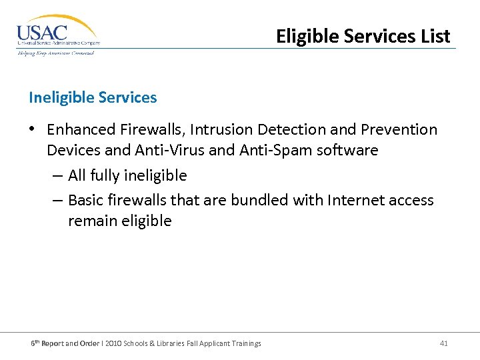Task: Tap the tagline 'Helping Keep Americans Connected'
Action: (56, 53)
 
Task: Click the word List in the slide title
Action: (433, 36)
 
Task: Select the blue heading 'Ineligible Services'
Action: (93, 97)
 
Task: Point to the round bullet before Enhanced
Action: (33, 130)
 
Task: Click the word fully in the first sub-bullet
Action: (107, 176)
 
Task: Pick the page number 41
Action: (444, 343)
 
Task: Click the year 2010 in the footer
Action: (113, 343)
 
